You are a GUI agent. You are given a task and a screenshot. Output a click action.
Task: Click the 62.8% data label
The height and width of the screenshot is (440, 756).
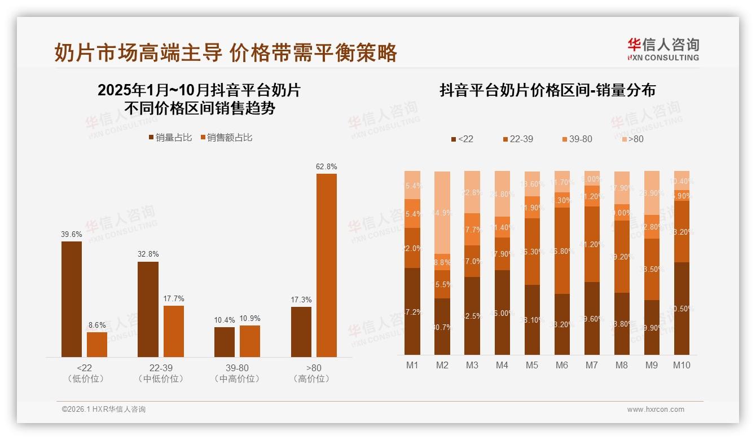click(x=327, y=167)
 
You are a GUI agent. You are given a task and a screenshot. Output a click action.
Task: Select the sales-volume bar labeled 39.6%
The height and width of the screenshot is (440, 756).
click(x=72, y=299)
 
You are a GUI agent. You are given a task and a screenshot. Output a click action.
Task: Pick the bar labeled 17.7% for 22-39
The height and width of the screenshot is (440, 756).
click(x=174, y=331)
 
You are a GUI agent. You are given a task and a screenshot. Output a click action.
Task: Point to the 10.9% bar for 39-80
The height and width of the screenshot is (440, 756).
click(x=250, y=341)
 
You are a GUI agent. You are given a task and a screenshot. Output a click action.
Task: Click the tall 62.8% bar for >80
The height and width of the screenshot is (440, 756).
click(x=327, y=265)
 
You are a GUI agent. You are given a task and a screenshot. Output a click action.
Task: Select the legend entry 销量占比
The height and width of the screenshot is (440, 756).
click(x=170, y=138)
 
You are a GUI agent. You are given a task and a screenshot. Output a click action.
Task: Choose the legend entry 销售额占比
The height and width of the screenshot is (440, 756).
click(x=226, y=138)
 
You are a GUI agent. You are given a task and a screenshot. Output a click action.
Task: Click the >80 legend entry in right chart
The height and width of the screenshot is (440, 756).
click(x=631, y=139)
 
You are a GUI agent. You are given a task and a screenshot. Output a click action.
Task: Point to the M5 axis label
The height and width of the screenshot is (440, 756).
click(x=531, y=365)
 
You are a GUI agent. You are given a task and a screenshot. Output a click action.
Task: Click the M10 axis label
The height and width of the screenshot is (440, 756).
click(x=682, y=365)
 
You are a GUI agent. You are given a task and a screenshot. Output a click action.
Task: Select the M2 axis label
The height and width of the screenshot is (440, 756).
click(x=442, y=365)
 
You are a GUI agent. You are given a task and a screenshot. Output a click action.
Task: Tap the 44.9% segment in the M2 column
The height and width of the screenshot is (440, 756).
click(x=442, y=221)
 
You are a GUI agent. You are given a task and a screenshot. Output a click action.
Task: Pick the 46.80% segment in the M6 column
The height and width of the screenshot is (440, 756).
click(x=562, y=251)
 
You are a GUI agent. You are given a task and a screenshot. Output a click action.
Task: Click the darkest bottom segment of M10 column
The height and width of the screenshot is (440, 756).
click(x=682, y=309)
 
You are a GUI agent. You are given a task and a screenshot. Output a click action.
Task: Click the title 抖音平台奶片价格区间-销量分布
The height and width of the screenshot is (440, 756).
click(x=547, y=91)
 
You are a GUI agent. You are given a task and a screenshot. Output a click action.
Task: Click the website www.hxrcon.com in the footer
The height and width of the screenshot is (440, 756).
click(x=656, y=410)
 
